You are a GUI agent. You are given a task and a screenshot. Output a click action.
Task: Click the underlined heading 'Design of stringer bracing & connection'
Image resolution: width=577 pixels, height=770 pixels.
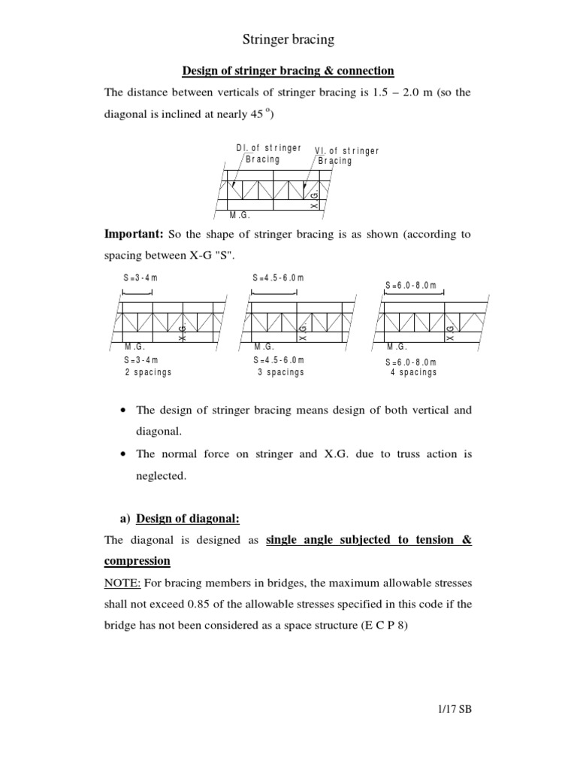(x=288, y=71)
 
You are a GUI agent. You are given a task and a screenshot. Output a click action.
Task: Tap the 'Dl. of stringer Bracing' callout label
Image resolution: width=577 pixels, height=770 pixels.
(x=268, y=154)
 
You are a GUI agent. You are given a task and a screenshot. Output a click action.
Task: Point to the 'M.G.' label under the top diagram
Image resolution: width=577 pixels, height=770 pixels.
(x=239, y=215)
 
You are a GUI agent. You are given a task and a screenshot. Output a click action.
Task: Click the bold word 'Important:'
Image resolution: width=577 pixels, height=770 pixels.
(x=130, y=234)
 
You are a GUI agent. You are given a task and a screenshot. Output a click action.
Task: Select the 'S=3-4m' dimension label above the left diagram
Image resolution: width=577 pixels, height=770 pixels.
(x=140, y=278)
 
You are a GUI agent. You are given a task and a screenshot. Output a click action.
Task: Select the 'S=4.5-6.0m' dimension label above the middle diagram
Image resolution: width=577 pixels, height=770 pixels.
(x=278, y=278)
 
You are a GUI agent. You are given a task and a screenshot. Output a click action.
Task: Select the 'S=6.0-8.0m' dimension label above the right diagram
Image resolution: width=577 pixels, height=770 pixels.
(x=410, y=285)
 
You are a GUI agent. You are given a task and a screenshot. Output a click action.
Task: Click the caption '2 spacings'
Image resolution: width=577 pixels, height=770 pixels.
(x=148, y=372)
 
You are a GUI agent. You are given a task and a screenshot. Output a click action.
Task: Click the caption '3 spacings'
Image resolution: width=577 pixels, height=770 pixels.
(x=280, y=372)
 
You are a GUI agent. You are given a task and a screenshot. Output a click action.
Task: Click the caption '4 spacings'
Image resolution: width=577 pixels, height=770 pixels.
(x=413, y=372)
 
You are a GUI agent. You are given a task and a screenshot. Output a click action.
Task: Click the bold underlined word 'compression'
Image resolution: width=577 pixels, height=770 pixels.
(x=137, y=562)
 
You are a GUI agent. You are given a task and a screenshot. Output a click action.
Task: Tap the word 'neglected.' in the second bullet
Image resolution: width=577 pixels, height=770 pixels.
(x=160, y=476)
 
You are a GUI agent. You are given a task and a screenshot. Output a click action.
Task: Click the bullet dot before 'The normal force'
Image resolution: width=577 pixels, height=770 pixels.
(x=122, y=455)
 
